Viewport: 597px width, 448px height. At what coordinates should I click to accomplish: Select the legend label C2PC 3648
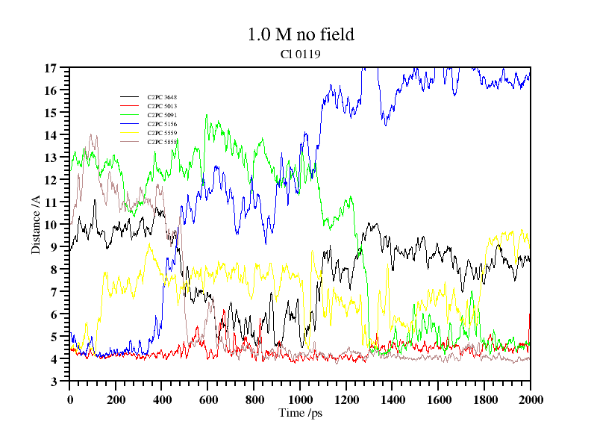[x=162, y=97]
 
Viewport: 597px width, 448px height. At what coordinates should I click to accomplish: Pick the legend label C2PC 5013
[x=162, y=106]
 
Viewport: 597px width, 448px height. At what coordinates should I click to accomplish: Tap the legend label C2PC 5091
[x=162, y=115]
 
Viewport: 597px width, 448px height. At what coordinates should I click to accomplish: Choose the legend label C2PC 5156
[x=162, y=124]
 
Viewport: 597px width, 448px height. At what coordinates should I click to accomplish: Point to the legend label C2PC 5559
[x=162, y=133]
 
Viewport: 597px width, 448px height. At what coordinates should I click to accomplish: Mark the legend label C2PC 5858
[x=162, y=142]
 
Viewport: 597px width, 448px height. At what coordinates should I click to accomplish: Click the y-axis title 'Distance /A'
[x=36, y=224]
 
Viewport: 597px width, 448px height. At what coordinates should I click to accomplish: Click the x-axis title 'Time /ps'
[x=300, y=413]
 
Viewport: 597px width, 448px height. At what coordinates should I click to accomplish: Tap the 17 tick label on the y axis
[x=51, y=68]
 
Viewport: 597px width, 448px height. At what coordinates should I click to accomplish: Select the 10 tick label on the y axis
[x=51, y=225]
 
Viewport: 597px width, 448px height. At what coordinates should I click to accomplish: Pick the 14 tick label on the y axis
[x=51, y=135]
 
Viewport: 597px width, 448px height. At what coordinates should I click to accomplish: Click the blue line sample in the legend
[x=130, y=124]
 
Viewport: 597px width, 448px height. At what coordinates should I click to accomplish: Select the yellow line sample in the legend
[x=130, y=133]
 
